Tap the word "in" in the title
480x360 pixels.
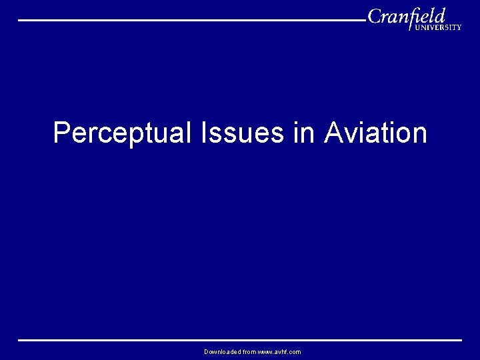[x=303, y=133]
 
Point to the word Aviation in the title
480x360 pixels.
[x=375, y=133]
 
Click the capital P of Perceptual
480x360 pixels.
[x=61, y=133]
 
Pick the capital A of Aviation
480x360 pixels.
[x=333, y=133]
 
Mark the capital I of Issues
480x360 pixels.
[x=202, y=133]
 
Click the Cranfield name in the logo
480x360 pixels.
[x=406, y=16]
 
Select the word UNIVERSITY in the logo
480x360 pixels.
[x=438, y=27]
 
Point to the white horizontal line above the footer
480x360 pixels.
[x=239, y=340]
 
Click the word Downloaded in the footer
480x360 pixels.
[x=223, y=351]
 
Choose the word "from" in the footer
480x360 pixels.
[x=249, y=351]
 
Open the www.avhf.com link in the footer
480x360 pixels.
[x=279, y=351]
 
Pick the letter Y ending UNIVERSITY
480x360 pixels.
[x=458, y=27]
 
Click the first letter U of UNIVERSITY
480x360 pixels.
[x=418, y=27]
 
